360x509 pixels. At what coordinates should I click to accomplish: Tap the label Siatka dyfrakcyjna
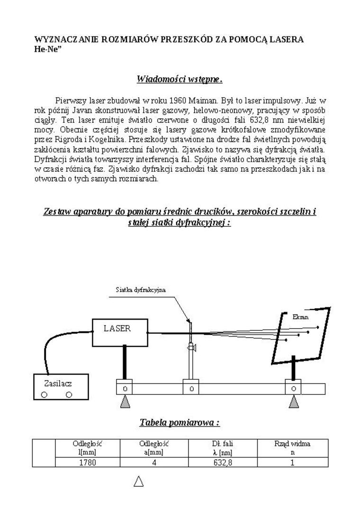141,290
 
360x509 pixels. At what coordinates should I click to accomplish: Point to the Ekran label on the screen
300,317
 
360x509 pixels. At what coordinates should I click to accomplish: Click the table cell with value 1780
87,463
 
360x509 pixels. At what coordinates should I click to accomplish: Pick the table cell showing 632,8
223,463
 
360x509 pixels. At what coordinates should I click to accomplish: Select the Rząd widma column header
292,447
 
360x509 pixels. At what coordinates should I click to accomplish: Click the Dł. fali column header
223,447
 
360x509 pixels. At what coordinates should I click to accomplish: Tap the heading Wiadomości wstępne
180,79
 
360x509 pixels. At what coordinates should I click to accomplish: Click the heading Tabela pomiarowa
180,422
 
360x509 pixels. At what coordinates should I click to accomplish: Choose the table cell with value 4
154,463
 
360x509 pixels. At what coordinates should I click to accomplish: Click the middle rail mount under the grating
191,389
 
